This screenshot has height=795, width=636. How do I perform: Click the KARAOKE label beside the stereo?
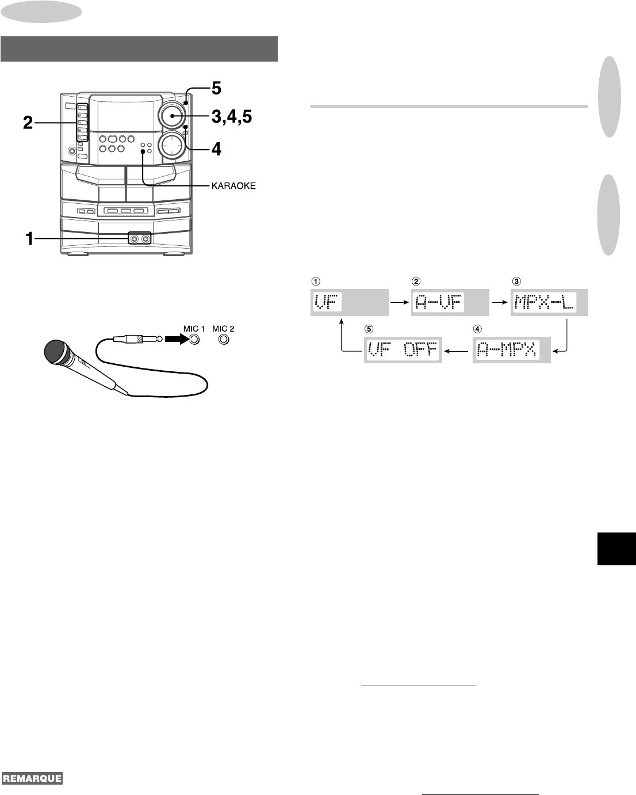coord(233,186)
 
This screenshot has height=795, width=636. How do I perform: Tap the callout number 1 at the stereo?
coord(29,239)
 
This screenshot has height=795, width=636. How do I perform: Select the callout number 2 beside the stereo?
coord(28,123)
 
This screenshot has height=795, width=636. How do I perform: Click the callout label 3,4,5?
coord(232,116)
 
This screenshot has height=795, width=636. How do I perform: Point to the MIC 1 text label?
coord(194,329)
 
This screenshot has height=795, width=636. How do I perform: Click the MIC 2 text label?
coord(223,329)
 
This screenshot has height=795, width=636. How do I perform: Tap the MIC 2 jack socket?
coord(224,340)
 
